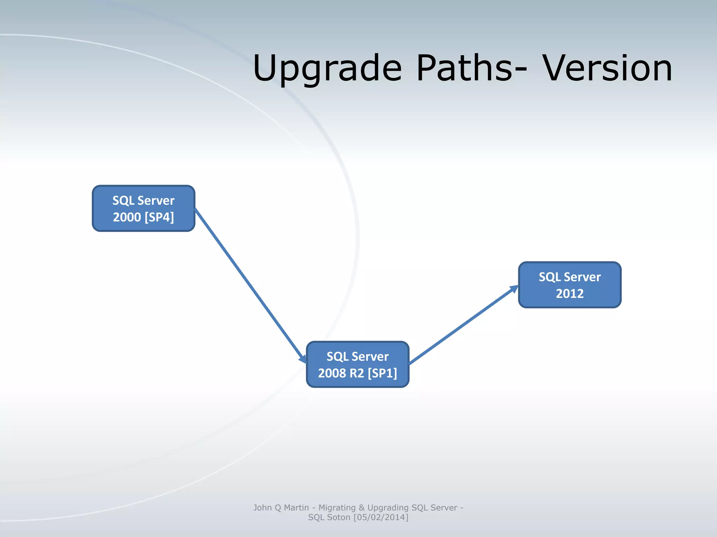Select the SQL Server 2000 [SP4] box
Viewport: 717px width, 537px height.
click(143, 208)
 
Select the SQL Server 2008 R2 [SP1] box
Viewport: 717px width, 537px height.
click(357, 364)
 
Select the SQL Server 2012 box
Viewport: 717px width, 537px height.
click(570, 285)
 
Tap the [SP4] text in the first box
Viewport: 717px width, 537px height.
click(159, 217)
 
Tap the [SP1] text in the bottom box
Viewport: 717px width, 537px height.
click(382, 373)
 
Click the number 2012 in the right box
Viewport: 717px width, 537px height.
click(570, 293)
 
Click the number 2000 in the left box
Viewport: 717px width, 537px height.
click(127, 217)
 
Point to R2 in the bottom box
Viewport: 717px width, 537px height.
click(357, 373)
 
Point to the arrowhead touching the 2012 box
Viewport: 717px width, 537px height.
click(514, 289)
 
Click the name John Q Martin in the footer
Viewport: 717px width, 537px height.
click(281, 508)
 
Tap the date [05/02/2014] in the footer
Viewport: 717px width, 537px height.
click(381, 517)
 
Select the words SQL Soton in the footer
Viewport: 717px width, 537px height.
click(329, 517)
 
